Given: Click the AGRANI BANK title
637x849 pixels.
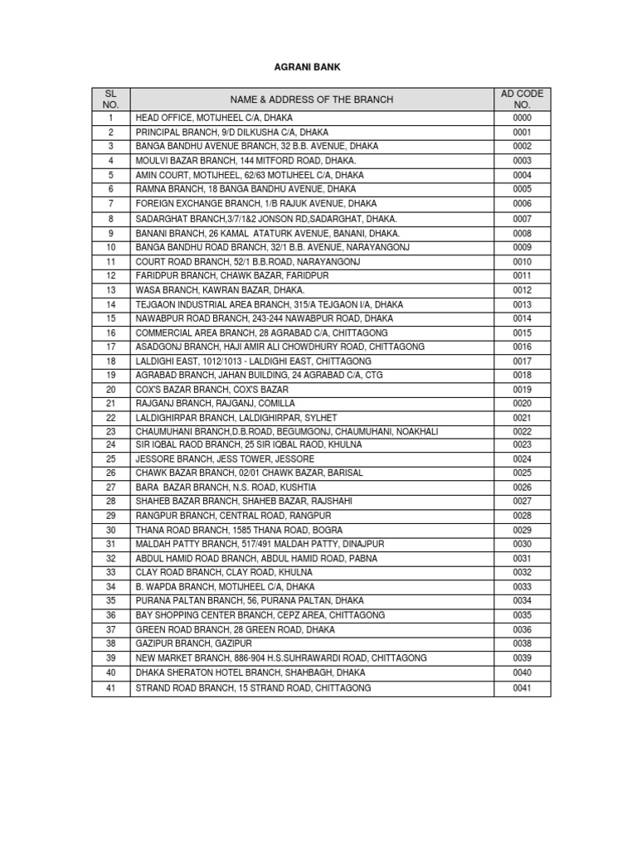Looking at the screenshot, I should coord(318,67).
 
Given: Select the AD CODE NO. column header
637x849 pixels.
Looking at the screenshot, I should coord(522,99).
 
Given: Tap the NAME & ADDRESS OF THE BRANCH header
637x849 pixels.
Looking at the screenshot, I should coord(313,99).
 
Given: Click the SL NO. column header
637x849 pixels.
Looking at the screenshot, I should coord(110,99).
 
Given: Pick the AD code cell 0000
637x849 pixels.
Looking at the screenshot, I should coord(522,118).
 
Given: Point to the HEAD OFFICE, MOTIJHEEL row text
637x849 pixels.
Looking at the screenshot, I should coord(214,118).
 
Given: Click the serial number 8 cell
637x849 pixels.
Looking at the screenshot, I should coord(110,219).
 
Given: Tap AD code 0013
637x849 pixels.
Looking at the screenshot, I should coord(522,304).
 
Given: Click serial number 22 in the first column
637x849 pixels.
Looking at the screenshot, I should coord(110,418).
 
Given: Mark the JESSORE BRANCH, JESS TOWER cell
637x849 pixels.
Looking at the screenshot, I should coord(225,459).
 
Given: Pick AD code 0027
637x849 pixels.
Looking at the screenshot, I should coord(522,502).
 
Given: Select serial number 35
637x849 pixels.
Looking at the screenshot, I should coord(110,600).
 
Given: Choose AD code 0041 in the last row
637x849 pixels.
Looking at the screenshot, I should coord(522,688).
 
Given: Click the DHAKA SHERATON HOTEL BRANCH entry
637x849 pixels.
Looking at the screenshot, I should coord(250,672).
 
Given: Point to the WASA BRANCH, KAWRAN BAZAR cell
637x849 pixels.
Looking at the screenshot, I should coord(220,289).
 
